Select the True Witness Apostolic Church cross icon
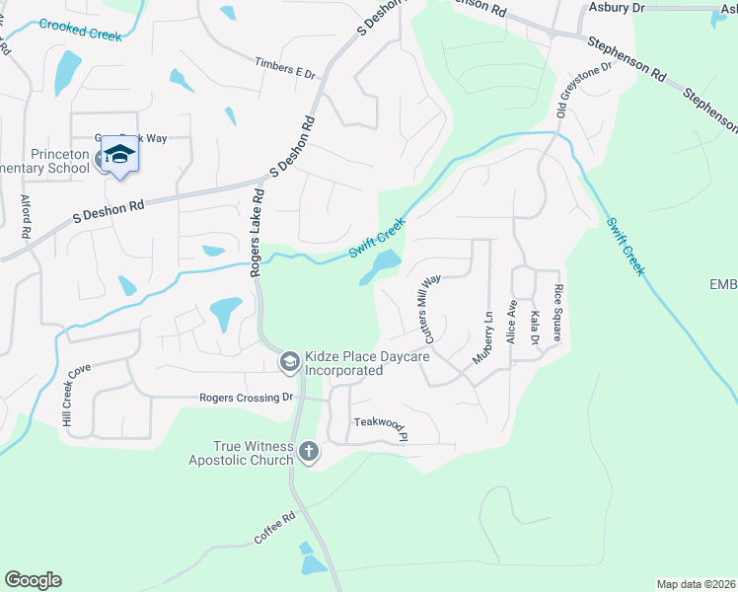click(x=309, y=453)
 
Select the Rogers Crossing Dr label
click(x=247, y=398)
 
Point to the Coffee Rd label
click(x=274, y=530)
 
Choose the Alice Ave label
click(x=511, y=322)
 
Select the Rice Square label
click(x=558, y=313)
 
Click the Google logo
click(x=33, y=579)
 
